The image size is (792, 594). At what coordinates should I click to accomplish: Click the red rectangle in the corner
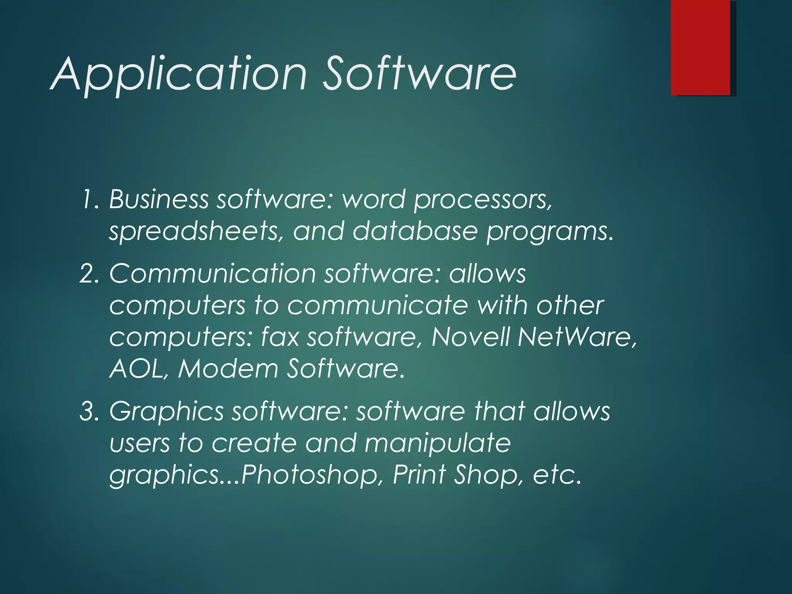coord(700,47)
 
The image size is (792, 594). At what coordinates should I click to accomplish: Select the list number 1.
coord(90,200)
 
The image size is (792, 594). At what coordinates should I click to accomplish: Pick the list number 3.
coord(90,411)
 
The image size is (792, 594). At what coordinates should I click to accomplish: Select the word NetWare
coord(576,337)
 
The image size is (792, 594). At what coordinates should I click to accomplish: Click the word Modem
coord(228,369)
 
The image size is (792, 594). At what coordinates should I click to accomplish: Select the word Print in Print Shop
coord(420,475)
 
